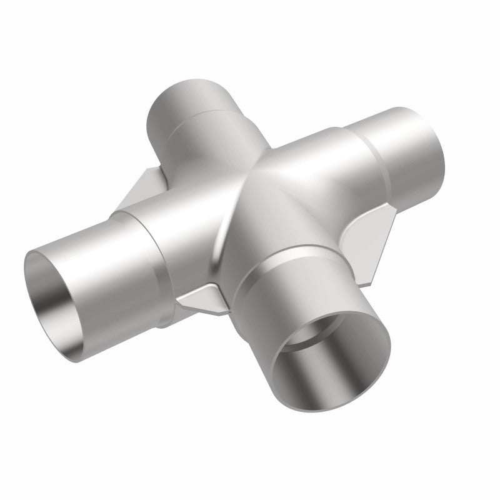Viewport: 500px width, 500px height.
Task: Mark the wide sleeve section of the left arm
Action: click(x=181, y=225)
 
